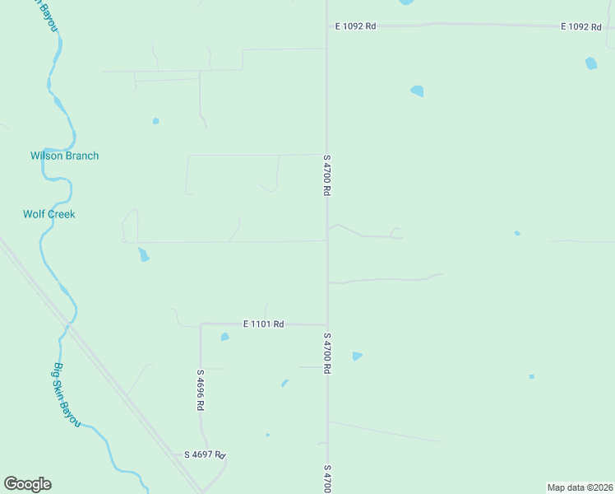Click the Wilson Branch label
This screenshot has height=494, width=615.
[x=64, y=156]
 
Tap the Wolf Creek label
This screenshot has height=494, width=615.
[x=49, y=214]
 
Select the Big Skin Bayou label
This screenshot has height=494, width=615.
[x=67, y=394]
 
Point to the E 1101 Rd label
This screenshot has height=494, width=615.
[x=263, y=324]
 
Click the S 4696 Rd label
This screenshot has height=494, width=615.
[x=200, y=390]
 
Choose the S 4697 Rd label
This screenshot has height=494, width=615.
[x=205, y=454]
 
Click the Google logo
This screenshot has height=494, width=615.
[x=27, y=484]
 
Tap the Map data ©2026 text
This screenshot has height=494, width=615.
[x=580, y=487]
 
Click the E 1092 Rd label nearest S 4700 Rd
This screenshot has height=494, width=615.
[x=355, y=26]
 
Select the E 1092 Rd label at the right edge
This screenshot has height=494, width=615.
[x=581, y=26]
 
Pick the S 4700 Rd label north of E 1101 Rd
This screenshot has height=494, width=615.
[x=326, y=175]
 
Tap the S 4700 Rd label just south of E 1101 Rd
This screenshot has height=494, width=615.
[x=326, y=353]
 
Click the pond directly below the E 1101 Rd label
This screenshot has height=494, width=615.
[x=224, y=337]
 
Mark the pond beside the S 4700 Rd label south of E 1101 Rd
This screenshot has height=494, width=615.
[x=357, y=356]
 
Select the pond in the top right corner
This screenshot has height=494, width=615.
[x=591, y=63]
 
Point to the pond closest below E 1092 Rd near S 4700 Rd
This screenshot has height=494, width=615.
[x=417, y=91]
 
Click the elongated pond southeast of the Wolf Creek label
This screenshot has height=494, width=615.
[x=144, y=254]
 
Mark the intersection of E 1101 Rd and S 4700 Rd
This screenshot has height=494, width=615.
[x=327, y=324]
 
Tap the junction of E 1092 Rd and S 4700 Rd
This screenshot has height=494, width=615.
[x=327, y=26]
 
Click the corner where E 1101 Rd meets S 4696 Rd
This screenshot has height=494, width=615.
[x=201, y=324]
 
